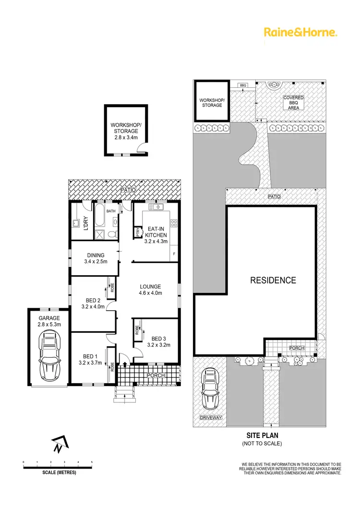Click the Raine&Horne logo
coord(301,32)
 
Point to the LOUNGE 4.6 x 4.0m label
coord(151,290)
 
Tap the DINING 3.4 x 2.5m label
coord(96,258)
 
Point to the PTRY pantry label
coord(138,232)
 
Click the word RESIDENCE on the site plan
coord(273,280)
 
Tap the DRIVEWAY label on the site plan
coord(211,418)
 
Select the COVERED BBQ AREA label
coord(293,103)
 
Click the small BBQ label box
coord(243,85)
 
